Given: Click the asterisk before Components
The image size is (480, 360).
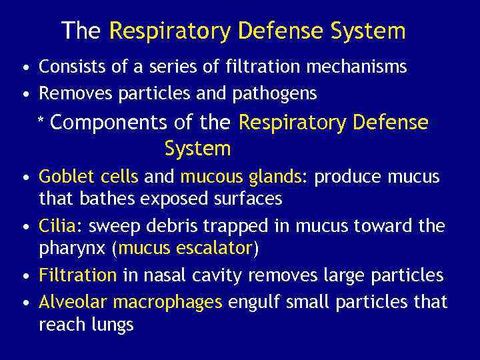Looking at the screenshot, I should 41,125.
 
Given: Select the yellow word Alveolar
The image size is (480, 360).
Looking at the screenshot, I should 73,302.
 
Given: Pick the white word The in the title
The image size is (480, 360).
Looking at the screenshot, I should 81,31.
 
